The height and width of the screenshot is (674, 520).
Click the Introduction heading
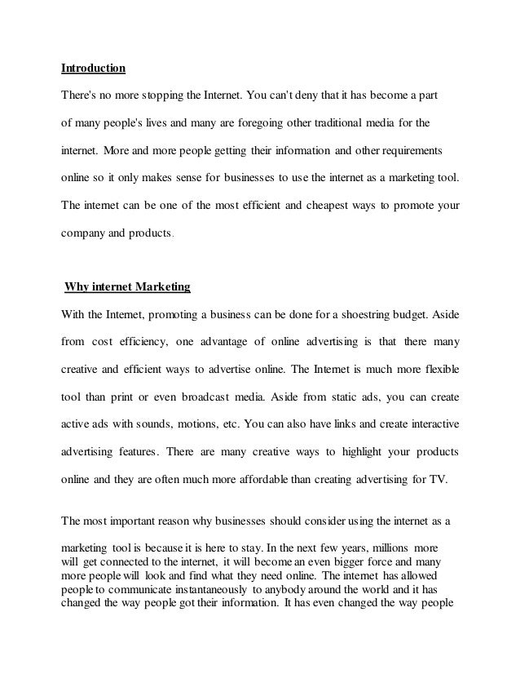click(x=94, y=68)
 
